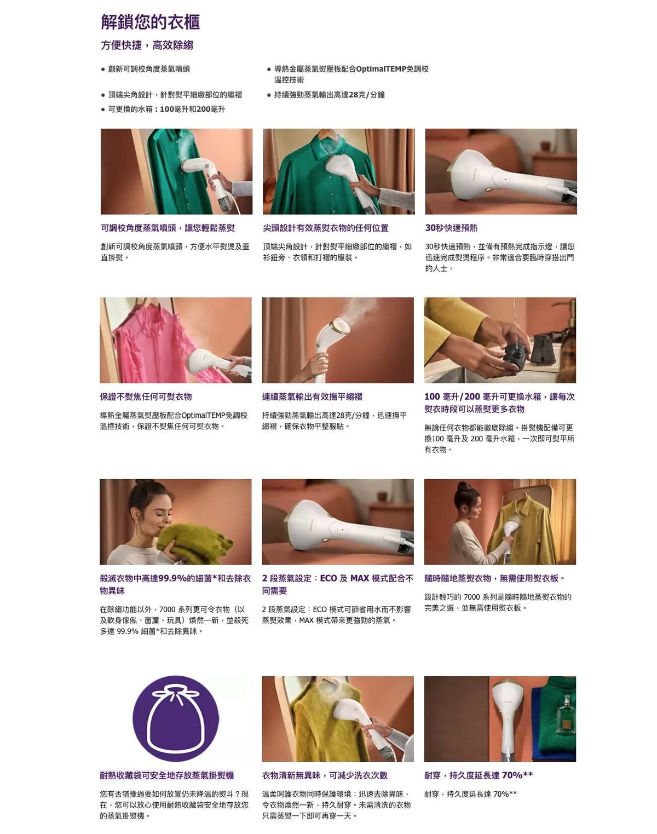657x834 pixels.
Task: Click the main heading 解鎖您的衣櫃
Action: point(151,22)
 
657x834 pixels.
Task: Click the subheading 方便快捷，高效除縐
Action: point(147,45)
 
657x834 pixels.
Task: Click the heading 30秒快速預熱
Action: point(451,228)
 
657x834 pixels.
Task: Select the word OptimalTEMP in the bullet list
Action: point(381,69)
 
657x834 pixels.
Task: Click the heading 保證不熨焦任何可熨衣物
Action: point(146,396)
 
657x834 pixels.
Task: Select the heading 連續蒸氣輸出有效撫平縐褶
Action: point(312,396)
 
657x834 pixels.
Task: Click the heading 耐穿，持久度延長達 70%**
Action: point(479,775)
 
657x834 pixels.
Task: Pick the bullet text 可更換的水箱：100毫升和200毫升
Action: point(166,110)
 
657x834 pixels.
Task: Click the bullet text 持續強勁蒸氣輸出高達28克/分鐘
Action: point(330,95)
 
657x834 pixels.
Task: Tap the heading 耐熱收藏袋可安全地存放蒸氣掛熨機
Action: point(167,775)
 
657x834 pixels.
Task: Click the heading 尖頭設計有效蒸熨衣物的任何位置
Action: point(326,228)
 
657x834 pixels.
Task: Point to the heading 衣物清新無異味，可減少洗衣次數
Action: point(325,775)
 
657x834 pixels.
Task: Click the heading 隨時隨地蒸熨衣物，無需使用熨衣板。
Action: point(495,578)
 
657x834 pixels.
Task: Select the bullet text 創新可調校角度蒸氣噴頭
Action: point(149,69)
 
